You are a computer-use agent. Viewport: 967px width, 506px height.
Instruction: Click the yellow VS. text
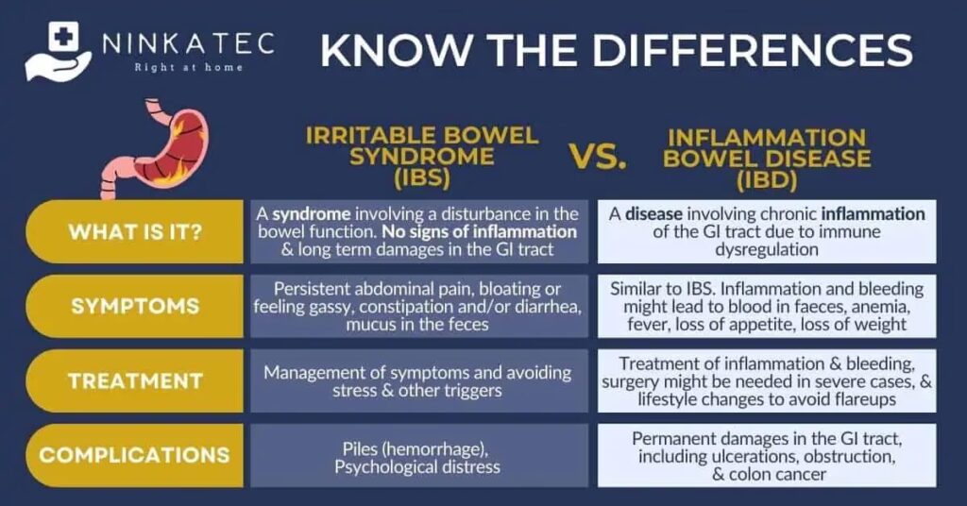(x=598, y=157)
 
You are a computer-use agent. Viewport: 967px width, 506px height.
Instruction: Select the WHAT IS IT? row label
(x=135, y=231)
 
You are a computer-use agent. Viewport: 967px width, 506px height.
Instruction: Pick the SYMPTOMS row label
(x=135, y=306)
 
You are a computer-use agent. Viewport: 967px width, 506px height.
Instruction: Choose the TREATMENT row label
(x=135, y=380)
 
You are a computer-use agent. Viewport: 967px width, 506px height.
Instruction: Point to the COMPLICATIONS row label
(x=134, y=455)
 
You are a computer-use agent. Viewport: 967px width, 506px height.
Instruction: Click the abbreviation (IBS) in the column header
(x=422, y=177)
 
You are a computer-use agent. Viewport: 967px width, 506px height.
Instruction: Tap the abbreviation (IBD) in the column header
(x=767, y=180)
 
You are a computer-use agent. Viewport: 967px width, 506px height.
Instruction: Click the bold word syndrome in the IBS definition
(x=312, y=214)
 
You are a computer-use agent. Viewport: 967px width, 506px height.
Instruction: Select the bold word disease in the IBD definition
(x=653, y=214)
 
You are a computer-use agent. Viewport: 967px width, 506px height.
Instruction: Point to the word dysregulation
(x=767, y=250)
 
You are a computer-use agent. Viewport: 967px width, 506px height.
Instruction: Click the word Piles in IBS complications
(x=358, y=448)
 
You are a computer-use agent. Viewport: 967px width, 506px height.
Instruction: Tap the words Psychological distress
(x=417, y=467)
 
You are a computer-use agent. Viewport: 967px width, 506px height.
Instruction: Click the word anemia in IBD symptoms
(x=879, y=307)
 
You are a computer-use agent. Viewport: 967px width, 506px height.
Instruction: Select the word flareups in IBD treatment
(x=865, y=400)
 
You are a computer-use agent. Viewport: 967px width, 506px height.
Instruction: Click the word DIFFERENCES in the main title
(x=753, y=51)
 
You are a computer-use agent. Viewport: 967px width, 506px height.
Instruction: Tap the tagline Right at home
(x=189, y=67)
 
